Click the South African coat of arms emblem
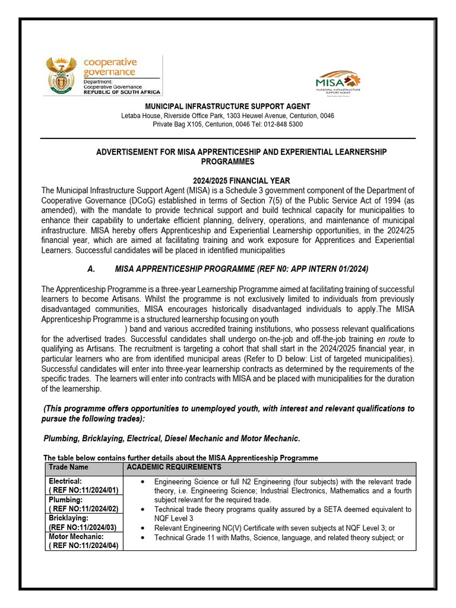pos(61,76)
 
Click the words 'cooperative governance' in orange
pos(109,67)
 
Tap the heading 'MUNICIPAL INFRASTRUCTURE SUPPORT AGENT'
pos(228,106)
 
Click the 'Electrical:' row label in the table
pos(65,481)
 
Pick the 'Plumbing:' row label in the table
pos(65,500)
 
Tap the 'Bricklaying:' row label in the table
pos(68,518)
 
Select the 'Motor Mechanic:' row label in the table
pos(76,537)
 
